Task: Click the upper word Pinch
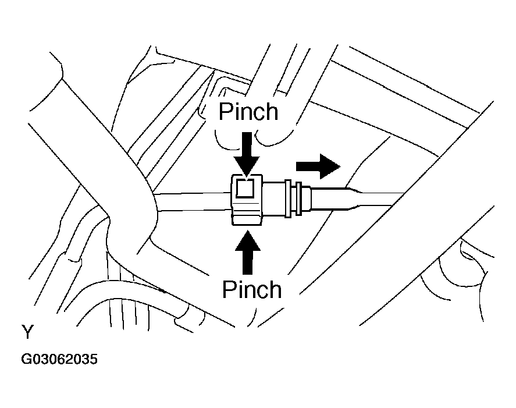coord(248,112)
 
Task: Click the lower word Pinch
coord(252,289)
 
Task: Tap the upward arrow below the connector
coord(247,252)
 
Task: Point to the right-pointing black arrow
coord(318,166)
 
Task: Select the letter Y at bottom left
coord(28,332)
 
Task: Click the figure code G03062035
coord(59,359)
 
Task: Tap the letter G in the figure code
coord(26,359)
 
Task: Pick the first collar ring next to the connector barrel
coord(287,198)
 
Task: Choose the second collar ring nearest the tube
coord(299,198)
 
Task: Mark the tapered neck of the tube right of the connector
coord(352,198)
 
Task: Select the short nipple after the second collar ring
coord(306,198)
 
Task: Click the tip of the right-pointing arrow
coord(340,166)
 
